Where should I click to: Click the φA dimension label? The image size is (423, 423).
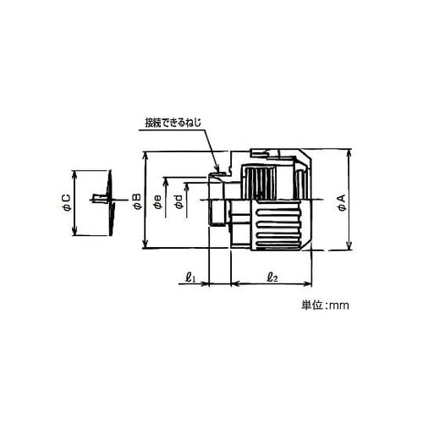(x=342, y=203)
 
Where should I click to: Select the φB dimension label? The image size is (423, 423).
(x=137, y=201)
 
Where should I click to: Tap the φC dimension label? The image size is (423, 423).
(x=68, y=203)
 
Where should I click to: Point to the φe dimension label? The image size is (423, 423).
(x=158, y=202)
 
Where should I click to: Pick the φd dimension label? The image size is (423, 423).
(x=179, y=202)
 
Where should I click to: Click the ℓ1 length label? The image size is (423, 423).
(x=190, y=277)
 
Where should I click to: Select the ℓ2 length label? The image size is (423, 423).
(x=272, y=277)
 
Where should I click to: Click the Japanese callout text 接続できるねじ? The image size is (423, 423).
(x=173, y=123)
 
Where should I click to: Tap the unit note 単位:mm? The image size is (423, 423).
(x=325, y=305)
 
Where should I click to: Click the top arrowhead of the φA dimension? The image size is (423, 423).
(x=349, y=154)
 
